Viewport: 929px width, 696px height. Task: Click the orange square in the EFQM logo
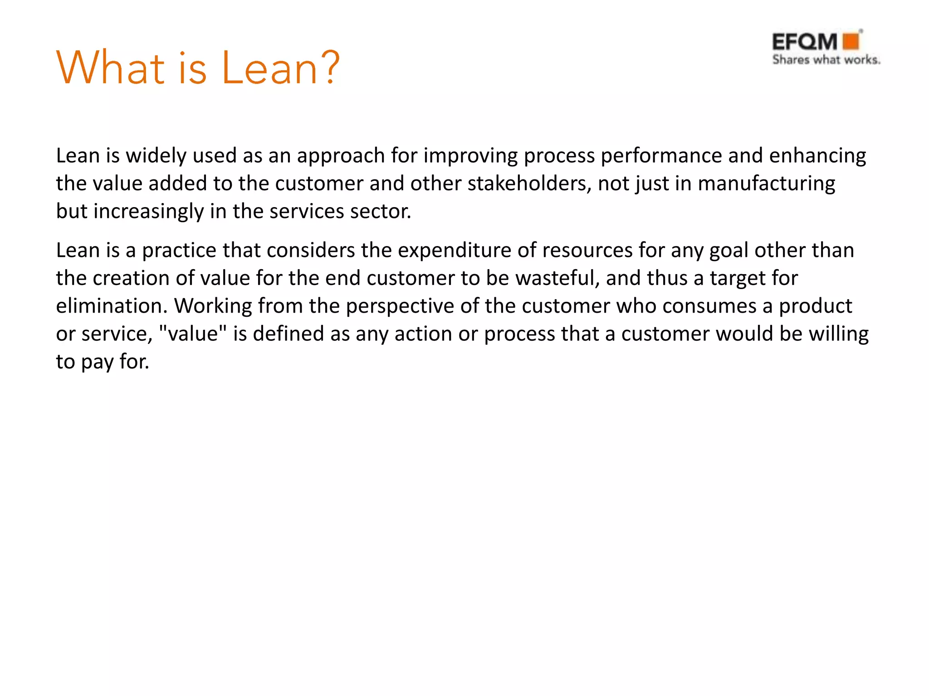pyautogui.click(x=851, y=41)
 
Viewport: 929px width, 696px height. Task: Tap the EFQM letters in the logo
pyautogui.click(x=805, y=42)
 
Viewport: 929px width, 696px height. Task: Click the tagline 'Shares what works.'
pyautogui.click(x=826, y=60)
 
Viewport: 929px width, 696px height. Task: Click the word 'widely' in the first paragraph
pyautogui.click(x=156, y=156)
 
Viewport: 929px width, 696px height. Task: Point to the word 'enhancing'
pyautogui.click(x=817, y=156)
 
